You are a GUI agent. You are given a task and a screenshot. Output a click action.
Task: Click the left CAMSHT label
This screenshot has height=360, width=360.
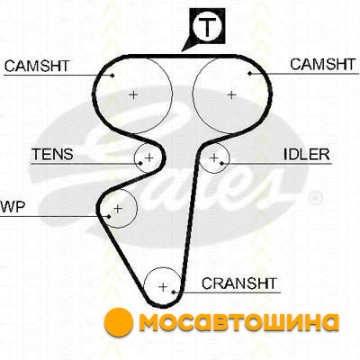click(37, 66)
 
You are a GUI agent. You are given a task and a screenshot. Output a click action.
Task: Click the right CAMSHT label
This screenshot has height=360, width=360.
click(323, 64)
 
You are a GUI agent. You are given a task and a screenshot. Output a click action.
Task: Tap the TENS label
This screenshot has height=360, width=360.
click(53, 154)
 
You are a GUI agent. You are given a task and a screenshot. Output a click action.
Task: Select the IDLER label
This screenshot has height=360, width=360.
click(307, 154)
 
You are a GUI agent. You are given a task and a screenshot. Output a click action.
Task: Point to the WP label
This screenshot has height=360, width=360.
click(13, 207)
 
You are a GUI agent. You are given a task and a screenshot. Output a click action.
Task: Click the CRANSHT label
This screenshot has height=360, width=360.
click(239, 283)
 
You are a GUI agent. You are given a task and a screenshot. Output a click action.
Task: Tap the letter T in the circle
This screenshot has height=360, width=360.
click(208, 26)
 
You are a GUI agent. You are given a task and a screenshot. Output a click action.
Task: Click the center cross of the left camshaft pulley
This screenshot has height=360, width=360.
click(133, 95)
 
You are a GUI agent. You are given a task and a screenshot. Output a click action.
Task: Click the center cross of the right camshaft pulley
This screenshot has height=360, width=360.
click(231, 95)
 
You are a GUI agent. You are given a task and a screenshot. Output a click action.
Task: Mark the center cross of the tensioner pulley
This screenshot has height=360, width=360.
click(149, 157)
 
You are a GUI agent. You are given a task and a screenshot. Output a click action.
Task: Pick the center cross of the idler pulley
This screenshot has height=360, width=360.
click(214, 157)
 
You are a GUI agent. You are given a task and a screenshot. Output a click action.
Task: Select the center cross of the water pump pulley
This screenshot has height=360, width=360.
click(118, 208)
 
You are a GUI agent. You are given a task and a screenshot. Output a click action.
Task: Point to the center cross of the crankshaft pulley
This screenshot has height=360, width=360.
click(163, 287)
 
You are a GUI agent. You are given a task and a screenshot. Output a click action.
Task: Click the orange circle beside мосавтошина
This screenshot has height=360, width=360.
click(119, 322)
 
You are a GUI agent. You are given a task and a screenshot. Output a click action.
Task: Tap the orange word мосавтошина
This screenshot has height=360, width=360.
click(239, 323)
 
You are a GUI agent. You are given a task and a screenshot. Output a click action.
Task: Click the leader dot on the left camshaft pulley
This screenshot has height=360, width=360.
click(112, 75)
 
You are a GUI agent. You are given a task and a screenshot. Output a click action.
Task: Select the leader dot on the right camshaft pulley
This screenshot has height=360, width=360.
click(249, 73)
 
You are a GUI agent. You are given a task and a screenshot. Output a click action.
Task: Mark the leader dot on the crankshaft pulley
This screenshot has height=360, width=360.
click(174, 292)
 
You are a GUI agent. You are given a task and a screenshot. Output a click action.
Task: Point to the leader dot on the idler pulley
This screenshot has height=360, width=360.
click(221, 164)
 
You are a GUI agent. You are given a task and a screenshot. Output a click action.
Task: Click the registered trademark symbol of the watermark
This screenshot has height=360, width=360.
click(315, 198)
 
